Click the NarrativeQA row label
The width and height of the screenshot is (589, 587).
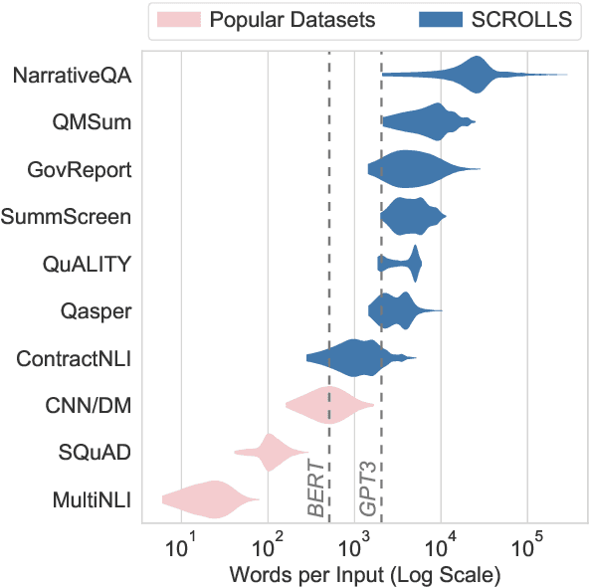click(74, 75)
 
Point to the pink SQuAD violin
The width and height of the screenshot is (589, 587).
click(270, 453)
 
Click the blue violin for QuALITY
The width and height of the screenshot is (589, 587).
click(403, 264)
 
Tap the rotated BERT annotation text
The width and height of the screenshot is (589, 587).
click(316, 489)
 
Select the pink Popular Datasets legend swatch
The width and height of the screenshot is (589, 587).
click(178, 18)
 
